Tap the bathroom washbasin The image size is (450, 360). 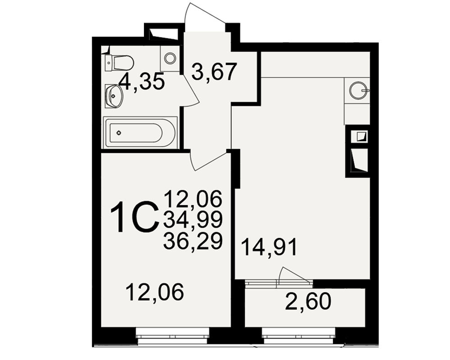pyautogui.click(x=114, y=96)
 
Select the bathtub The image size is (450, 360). pyautogui.click(x=140, y=132)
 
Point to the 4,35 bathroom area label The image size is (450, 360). pyautogui.click(x=142, y=81)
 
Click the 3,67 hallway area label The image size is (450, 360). pyautogui.click(x=214, y=72)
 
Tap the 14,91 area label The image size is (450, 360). pyautogui.click(x=269, y=247)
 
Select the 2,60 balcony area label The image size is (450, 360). pyautogui.click(x=308, y=301)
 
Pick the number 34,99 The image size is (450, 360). pyautogui.click(x=193, y=219)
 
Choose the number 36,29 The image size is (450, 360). pyautogui.click(x=193, y=241)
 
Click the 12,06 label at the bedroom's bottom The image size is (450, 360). pyautogui.click(x=155, y=292)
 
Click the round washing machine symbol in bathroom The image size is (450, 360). pyautogui.click(x=170, y=58)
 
